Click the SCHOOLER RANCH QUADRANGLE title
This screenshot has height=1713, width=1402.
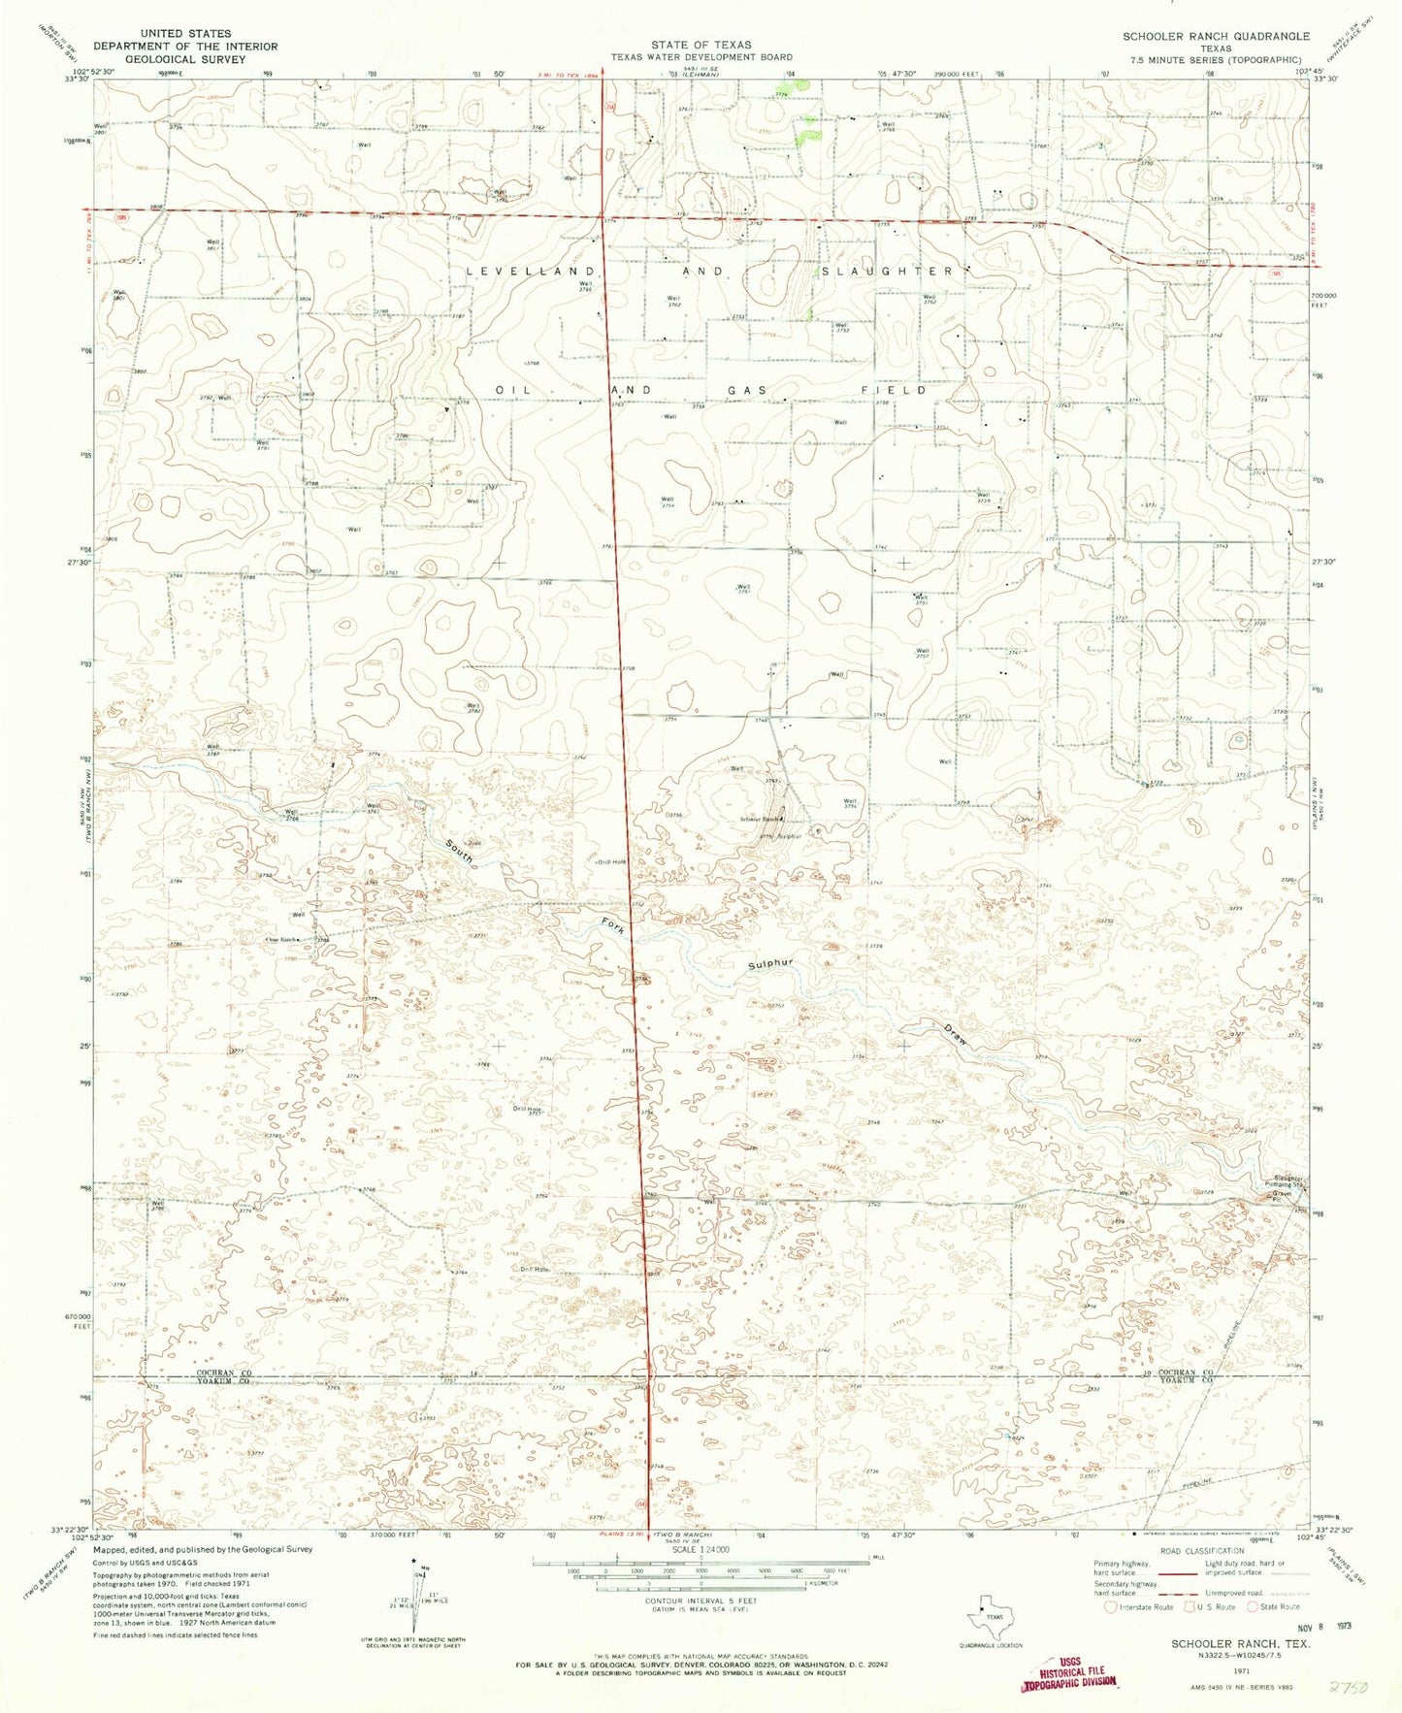pos(1216,36)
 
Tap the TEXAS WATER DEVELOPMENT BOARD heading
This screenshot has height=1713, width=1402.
pos(701,57)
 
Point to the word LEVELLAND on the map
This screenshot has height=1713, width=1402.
pos(530,271)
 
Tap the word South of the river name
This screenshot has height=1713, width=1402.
pos(459,853)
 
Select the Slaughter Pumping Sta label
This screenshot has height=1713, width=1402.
pos(1288,1182)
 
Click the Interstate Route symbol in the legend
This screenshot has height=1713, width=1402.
pos(1111,1606)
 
